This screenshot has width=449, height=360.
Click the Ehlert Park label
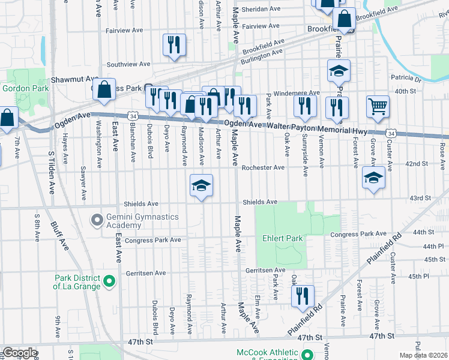pyautogui.click(x=283, y=238)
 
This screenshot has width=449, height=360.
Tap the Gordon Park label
pyautogui.click(x=25, y=88)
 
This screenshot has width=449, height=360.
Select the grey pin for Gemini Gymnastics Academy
pyautogui.click(x=97, y=220)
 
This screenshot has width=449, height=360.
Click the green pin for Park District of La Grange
pyautogui.click(x=109, y=281)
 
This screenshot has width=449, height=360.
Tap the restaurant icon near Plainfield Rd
pyautogui.click(x=302, y=296)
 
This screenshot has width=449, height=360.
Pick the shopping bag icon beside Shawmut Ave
pyautogui.click(x=104, y=90)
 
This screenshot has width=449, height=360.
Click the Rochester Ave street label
pyautogui.click(x=263, y=167)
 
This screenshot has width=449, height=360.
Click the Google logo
pyautogui.click(x=20, y=353)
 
